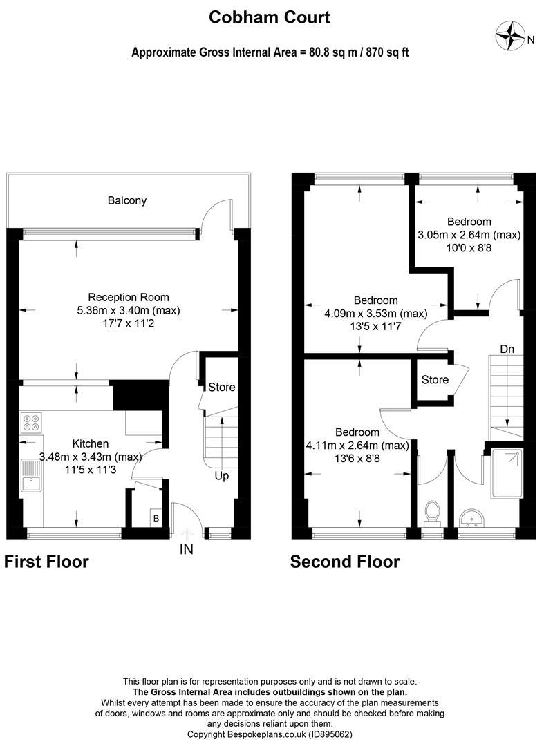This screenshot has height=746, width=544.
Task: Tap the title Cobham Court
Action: tap(270, 17)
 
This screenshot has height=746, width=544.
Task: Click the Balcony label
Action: tap(126, 200)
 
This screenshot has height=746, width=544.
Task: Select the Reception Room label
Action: tap(129, 298)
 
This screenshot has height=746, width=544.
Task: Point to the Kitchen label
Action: tap(91, 443)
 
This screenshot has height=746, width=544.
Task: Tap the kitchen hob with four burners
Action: tap(31, 422)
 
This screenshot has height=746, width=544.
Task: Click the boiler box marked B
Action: tap(156, 517)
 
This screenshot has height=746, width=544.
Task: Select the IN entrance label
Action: tap(186, 549)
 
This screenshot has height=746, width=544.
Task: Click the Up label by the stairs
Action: tap(221, 476)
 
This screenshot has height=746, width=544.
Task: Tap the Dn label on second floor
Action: tap(507, 350)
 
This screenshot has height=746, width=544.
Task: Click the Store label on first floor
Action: tap(222, 387)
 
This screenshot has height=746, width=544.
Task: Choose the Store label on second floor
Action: tap(435, 379)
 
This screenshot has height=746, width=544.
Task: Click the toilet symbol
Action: tap(433, 513)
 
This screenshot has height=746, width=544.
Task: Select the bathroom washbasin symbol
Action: tap(473, 517)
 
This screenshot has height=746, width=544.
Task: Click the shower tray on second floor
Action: tap(508, 473)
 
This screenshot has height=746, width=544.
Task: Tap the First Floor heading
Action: tap(47, 562)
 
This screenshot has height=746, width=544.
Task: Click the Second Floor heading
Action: tap(344, 562)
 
